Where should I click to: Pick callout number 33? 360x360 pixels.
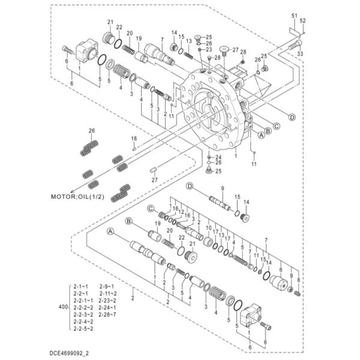click(x=299, y=54)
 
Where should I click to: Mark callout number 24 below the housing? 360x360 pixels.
click(x=217, y=157)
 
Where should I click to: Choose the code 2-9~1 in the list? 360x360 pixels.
click(x=107, y=287)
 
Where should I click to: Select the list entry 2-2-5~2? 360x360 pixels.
click(x=83, y=328)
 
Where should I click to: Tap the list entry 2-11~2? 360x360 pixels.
click(x=109, y=293)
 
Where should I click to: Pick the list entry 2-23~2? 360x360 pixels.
click(x=109, y=300)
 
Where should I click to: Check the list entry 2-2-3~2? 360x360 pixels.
click(x=83, y=314)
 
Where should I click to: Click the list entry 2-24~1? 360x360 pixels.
click(x=109, y=307)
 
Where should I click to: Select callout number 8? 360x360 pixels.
click(x=298, y=281)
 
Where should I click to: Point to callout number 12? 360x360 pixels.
click(x=180, y=212)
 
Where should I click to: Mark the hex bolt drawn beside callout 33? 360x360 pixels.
click(x=293, y=45)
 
